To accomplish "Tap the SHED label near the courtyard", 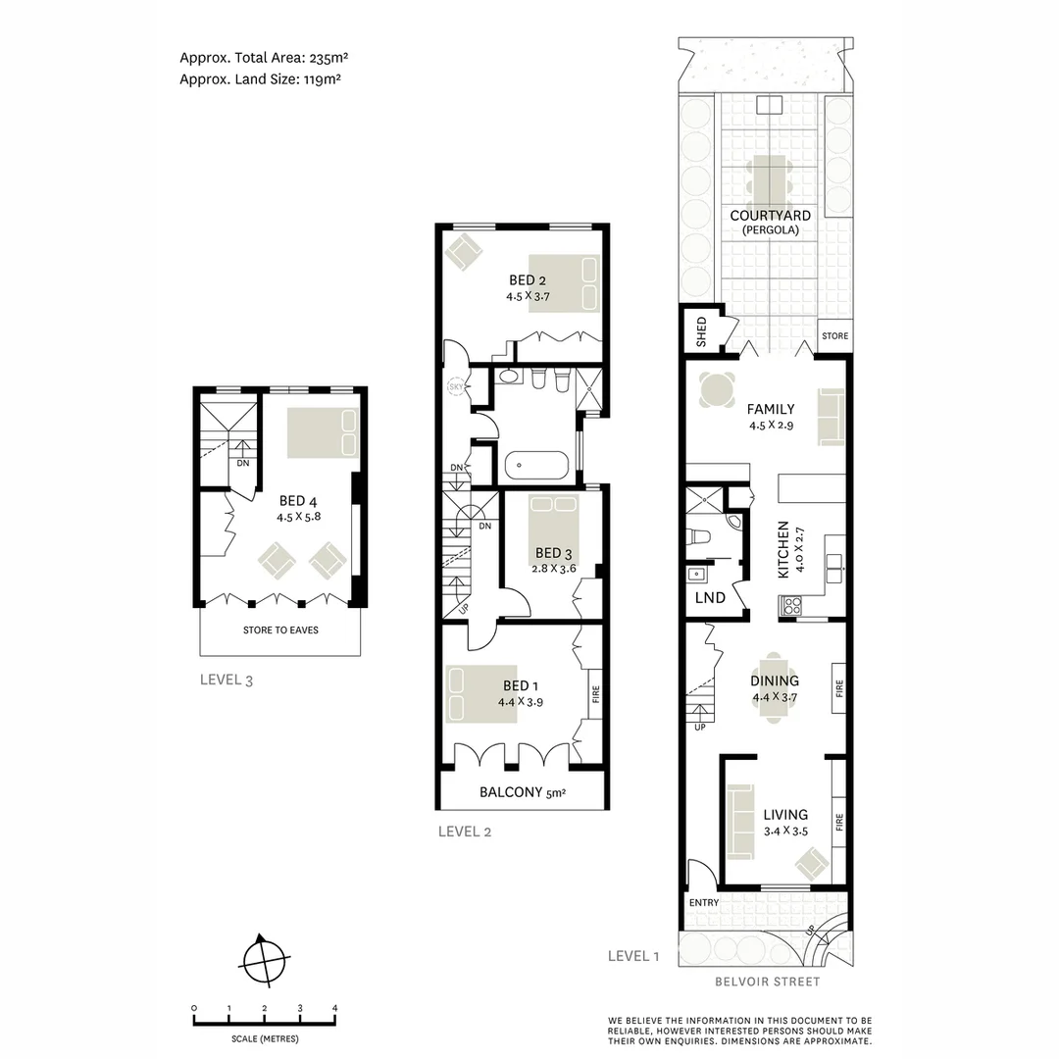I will tap(701, 331).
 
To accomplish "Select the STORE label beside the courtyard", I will tap(834, 336).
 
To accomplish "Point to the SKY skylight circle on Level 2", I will tap(455, 386).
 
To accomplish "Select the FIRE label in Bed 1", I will tap(595, 695).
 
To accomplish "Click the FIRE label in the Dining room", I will tap(837, 688).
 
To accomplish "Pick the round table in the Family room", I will tap(717, 391).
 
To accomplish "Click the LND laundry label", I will tap(710, 597).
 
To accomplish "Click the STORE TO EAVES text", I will tap(280, 630).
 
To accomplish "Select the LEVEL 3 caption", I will tap(227, 680).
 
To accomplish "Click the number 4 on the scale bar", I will tap(335, 1008).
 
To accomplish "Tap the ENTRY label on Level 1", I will tap(704, 902).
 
